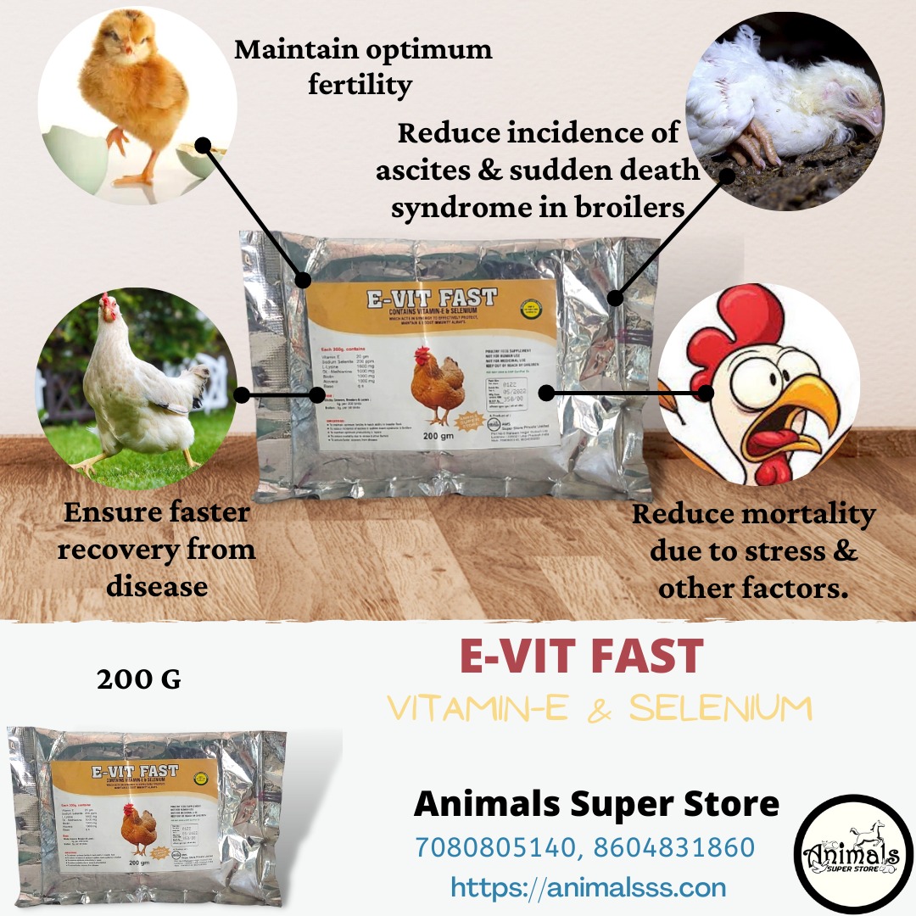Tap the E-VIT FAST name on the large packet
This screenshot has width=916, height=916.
[x=432, y=299]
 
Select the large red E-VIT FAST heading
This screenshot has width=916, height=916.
[x=581, y=656]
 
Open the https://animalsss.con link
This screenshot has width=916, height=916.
[x=588, y=887]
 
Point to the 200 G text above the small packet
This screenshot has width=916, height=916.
[x=138, y=679]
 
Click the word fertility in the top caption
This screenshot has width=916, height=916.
[x=360, y=85]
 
